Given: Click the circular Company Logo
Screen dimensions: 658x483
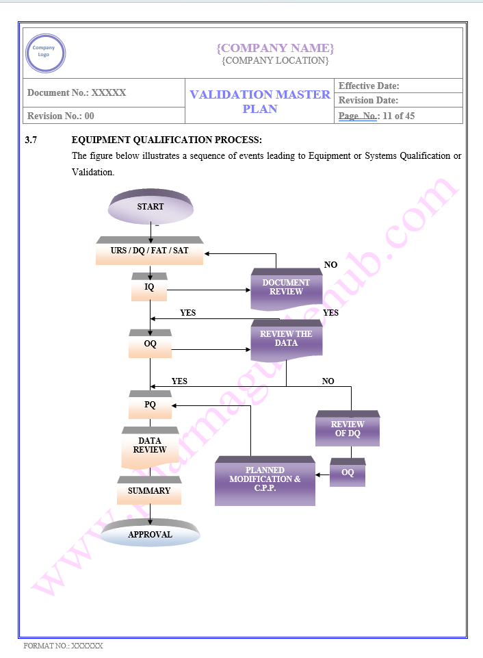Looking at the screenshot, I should point(45,53).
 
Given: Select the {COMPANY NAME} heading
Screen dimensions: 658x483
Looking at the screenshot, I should point(275,47).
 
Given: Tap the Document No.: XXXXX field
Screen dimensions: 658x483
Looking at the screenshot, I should point(77,92).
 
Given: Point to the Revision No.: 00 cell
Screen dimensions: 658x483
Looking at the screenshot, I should point(61,116).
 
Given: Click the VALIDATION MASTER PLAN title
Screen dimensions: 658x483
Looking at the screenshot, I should point(260,101).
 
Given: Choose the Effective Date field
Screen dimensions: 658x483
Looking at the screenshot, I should point(369,86).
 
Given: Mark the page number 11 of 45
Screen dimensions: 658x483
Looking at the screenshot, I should point(398,116).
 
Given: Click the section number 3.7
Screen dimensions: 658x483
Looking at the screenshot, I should point(31,140).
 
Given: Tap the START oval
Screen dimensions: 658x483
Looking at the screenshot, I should point(150,207).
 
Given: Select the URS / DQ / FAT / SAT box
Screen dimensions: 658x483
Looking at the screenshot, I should point(149,251).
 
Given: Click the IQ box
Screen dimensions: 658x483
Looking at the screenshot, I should point(149,288).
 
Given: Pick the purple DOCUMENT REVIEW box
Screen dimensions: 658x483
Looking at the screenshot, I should point(286,288).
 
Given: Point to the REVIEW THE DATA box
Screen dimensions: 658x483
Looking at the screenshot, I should point(286,339).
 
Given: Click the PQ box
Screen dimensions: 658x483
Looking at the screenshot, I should point(150,405).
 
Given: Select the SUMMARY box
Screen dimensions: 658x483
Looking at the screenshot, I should point(149,491).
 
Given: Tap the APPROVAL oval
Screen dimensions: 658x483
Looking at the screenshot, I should point(150,534).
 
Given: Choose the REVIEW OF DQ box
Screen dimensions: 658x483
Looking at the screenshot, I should point(348,429).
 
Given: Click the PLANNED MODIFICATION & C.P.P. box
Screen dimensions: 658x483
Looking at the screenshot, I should point(265,480).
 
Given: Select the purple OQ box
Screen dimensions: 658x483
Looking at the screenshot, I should point(348,473).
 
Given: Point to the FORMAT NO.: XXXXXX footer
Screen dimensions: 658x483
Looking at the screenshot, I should point(63,646).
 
